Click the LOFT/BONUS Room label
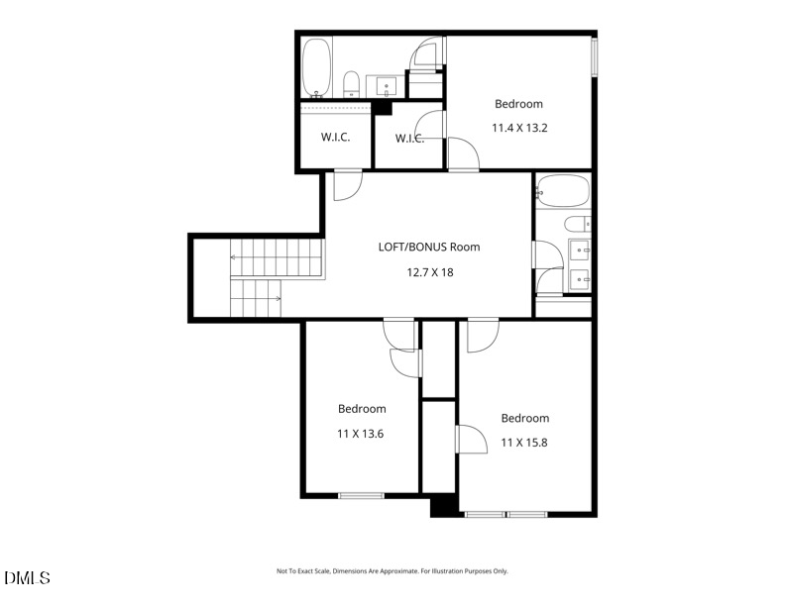coord(429,247)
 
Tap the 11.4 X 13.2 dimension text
coord(519,127)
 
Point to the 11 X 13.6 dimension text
coord(362,433)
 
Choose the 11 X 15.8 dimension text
coord(524,442)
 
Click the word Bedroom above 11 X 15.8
coord(524,418)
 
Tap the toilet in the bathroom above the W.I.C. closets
coord(352,82)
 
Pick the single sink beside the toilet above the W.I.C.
coord(386,85)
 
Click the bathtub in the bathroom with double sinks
coord(561,189)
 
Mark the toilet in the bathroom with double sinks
coord(578,223)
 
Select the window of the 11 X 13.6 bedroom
coord(361,494)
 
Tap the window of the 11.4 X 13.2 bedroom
coord(594,55)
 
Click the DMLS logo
coord(27,577)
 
